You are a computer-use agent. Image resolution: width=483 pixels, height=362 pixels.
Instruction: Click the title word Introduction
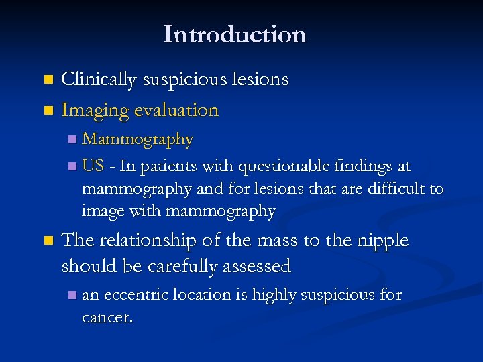pyautogui.click(x=235, y=34)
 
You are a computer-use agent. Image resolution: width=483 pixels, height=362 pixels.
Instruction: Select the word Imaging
pyautogui.click(x=95, y=110)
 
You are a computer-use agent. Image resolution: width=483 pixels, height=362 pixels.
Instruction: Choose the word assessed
pyautogui.click(x=255, y=266)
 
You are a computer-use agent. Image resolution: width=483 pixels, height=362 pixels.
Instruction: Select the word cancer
pyautogui.click(x=107, y=317)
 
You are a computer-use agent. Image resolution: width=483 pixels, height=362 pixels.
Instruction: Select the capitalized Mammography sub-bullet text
pyautogui.click(x=138, y=139)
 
